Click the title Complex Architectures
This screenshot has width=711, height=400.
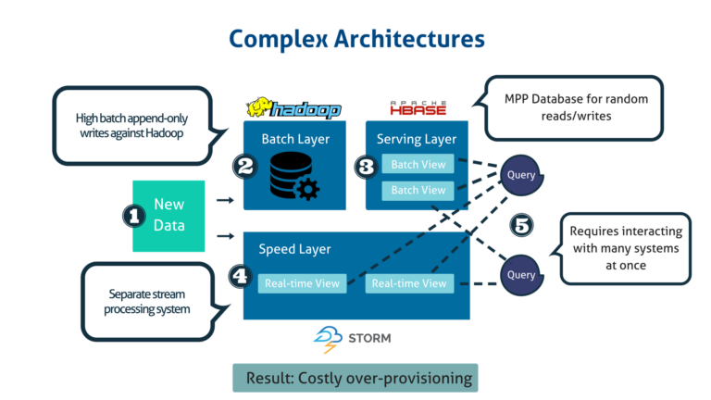(356, 39)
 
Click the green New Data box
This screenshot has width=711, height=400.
(168, 216)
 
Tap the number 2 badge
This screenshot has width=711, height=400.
(245, 167)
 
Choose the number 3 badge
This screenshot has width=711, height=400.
(367, 167)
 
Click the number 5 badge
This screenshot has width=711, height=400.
(521, 225)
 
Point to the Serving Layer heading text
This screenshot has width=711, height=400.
(417, 139)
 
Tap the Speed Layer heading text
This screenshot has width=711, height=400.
(294, 249)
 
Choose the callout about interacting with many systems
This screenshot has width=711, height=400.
(625, 249)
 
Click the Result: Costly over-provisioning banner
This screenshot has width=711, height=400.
(355, 378)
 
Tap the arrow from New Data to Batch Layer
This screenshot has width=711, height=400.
(224, 199)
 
